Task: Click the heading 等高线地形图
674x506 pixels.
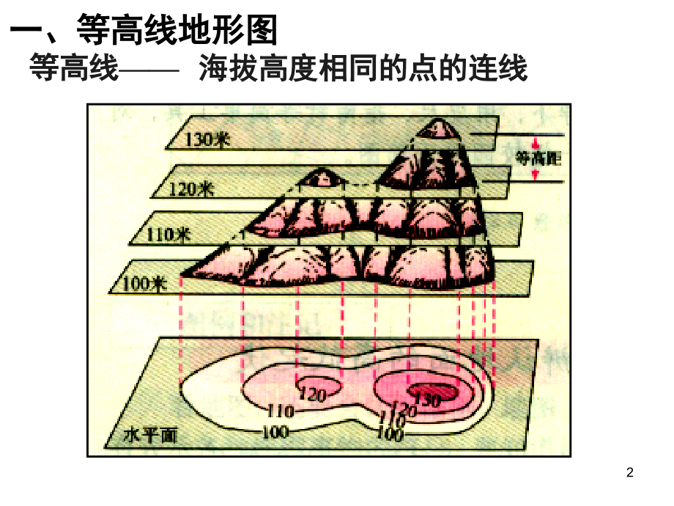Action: point(177,29)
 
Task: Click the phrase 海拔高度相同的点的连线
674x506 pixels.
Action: point(363,68)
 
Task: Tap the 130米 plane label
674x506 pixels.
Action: point(207,139)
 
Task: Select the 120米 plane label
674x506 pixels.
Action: point(191,188)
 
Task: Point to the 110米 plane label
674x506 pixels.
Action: point(168,235)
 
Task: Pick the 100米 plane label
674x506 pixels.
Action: point(144,284)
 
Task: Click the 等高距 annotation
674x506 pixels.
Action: point(538,158)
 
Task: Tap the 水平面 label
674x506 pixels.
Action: point(150,436)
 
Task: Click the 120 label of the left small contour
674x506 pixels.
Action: point(312,394)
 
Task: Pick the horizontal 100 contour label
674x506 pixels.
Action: point(275,431)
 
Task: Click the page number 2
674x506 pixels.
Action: point(630,472)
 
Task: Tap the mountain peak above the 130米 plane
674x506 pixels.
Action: point(438,128)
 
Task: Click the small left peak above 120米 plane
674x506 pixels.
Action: point(321,177)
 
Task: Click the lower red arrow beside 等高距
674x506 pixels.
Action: point(535,175)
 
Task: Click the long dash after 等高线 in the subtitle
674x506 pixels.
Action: point(148,70)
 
